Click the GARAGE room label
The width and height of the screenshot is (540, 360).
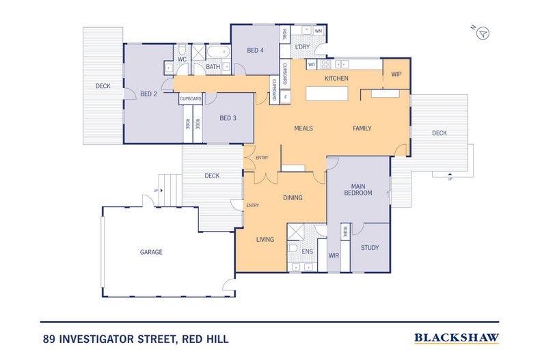pos(151,252)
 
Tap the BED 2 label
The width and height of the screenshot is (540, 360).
pos(149,94)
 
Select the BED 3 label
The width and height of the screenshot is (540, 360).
pos(228,118)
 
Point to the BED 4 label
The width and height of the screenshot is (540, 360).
pos(255,51)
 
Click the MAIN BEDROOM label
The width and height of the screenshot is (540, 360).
pos(361,189)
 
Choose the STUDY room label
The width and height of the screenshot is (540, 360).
pos(369,248)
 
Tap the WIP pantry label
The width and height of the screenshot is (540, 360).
pos(396,74)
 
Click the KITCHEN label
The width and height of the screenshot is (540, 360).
pos(336,79)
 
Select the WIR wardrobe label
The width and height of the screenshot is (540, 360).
pos(334,255)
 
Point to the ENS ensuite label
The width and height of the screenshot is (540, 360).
pos(308,252)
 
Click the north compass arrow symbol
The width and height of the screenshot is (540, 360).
pos(483,32)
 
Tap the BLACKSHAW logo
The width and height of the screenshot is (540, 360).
pos(457,337)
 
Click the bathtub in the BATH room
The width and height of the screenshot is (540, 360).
pos(219,52)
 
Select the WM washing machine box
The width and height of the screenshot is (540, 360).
pos(319,31)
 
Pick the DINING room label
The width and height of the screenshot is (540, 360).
pos(293,198)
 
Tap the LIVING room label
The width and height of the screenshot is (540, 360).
pos(265,240)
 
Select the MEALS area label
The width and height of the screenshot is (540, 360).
pos(303,128)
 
